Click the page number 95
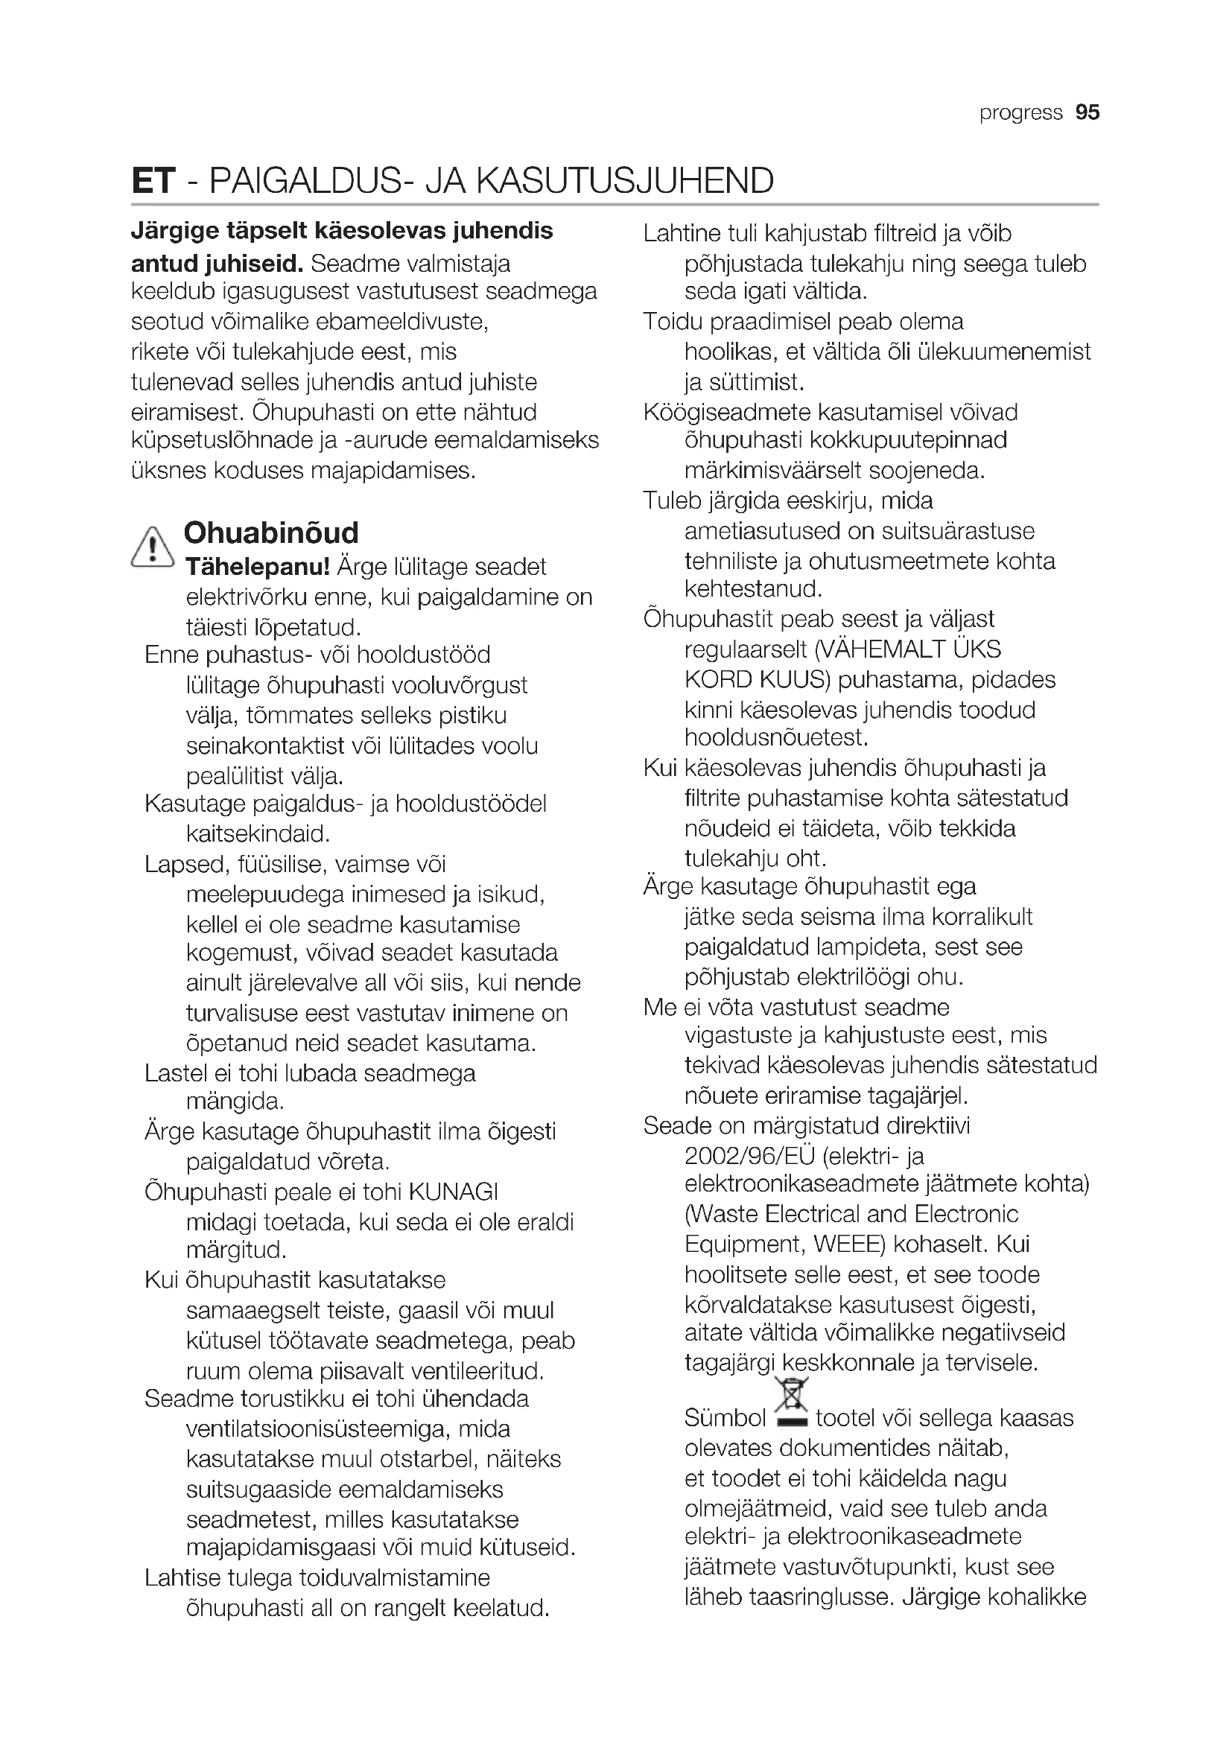(x=1087, y=112)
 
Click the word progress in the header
(x=1020, y=113)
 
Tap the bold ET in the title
(x=153, y=181)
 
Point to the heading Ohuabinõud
(x=271, y=533)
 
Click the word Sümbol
(x=725, y=1418)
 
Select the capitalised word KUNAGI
(x=453, y=1192)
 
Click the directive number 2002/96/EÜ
(x=749, y=1157)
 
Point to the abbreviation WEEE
(x=849, y=1244)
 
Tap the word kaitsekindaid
(x=258, y=834)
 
